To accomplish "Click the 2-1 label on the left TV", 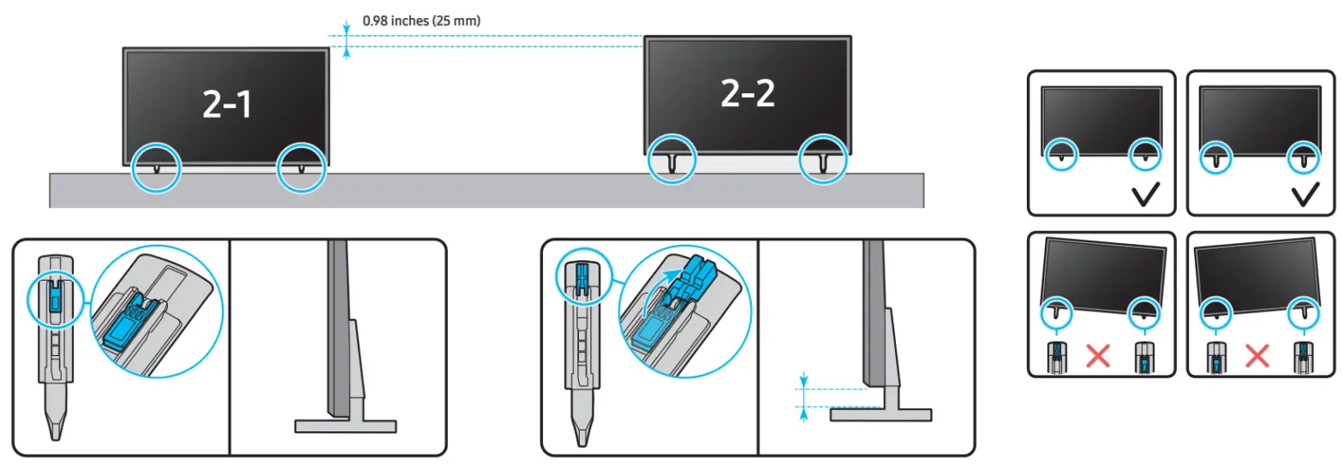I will point(227,104).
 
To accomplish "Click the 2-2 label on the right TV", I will point(747,93).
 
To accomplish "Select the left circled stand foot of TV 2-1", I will point(156,166).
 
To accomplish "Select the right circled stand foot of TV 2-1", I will point(301,166).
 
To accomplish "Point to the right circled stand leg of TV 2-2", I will point(823,160).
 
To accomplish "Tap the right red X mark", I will point(1256,355).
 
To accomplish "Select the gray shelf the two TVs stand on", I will point(486,190).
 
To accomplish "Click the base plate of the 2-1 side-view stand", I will point(345,425).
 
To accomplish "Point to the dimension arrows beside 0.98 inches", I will point(347,40).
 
